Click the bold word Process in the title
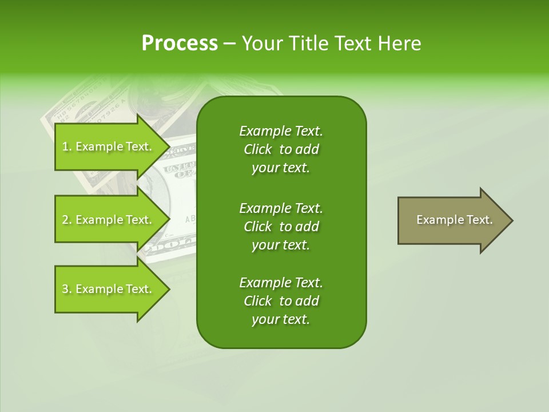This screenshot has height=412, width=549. (x=180, y=43)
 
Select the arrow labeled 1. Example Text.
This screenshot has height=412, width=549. (x=109, y=147)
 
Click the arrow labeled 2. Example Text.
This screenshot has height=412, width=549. (x=109, y=220)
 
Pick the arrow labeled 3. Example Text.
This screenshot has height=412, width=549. (x=109, y=289)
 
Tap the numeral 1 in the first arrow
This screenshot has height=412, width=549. (x=65, y=147)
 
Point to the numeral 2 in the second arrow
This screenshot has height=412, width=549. (x=65, y=220)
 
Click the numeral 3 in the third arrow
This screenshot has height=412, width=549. (x=65, y=289)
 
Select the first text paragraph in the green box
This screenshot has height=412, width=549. (x=281, y=149)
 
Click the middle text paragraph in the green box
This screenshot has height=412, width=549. (x=281, y=226)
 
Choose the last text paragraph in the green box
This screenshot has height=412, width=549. (x=281, y=301)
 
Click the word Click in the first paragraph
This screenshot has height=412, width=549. (x=258, y=149)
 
